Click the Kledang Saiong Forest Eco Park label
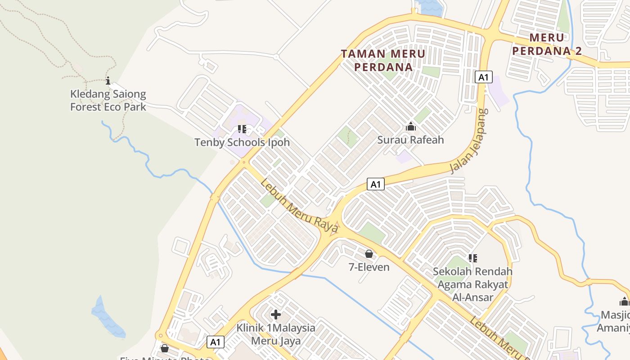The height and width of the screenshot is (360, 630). coord(108,100)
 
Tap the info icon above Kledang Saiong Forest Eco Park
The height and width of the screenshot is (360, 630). coord(108,81)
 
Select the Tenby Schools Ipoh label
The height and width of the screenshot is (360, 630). coord(242,143)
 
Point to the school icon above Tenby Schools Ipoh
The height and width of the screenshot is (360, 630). coord(242,130)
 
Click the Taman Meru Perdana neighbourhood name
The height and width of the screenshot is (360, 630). coord(383,60)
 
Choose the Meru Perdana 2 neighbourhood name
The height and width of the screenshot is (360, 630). coord(547,44)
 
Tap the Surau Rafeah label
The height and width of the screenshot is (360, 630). coord(410,140)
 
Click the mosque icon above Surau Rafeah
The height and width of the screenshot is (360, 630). coord(410,127)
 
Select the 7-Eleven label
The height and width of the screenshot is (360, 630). coord(369,267)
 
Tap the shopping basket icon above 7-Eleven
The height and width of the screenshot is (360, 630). coord(369,254)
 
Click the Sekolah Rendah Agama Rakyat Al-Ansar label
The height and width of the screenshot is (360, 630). coord(472,284)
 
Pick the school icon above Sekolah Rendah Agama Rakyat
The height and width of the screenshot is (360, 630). coord(472,258)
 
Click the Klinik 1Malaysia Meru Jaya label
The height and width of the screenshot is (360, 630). coord(276,334)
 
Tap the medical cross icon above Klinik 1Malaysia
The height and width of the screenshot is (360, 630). coord(276,315)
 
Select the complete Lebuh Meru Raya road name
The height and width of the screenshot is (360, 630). coord(299,207)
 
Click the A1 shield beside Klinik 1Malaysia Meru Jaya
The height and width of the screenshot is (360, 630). coord(216,342)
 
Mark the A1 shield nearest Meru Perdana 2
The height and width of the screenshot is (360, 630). coord(483,77)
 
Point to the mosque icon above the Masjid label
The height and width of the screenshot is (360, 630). coord(624,301)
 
